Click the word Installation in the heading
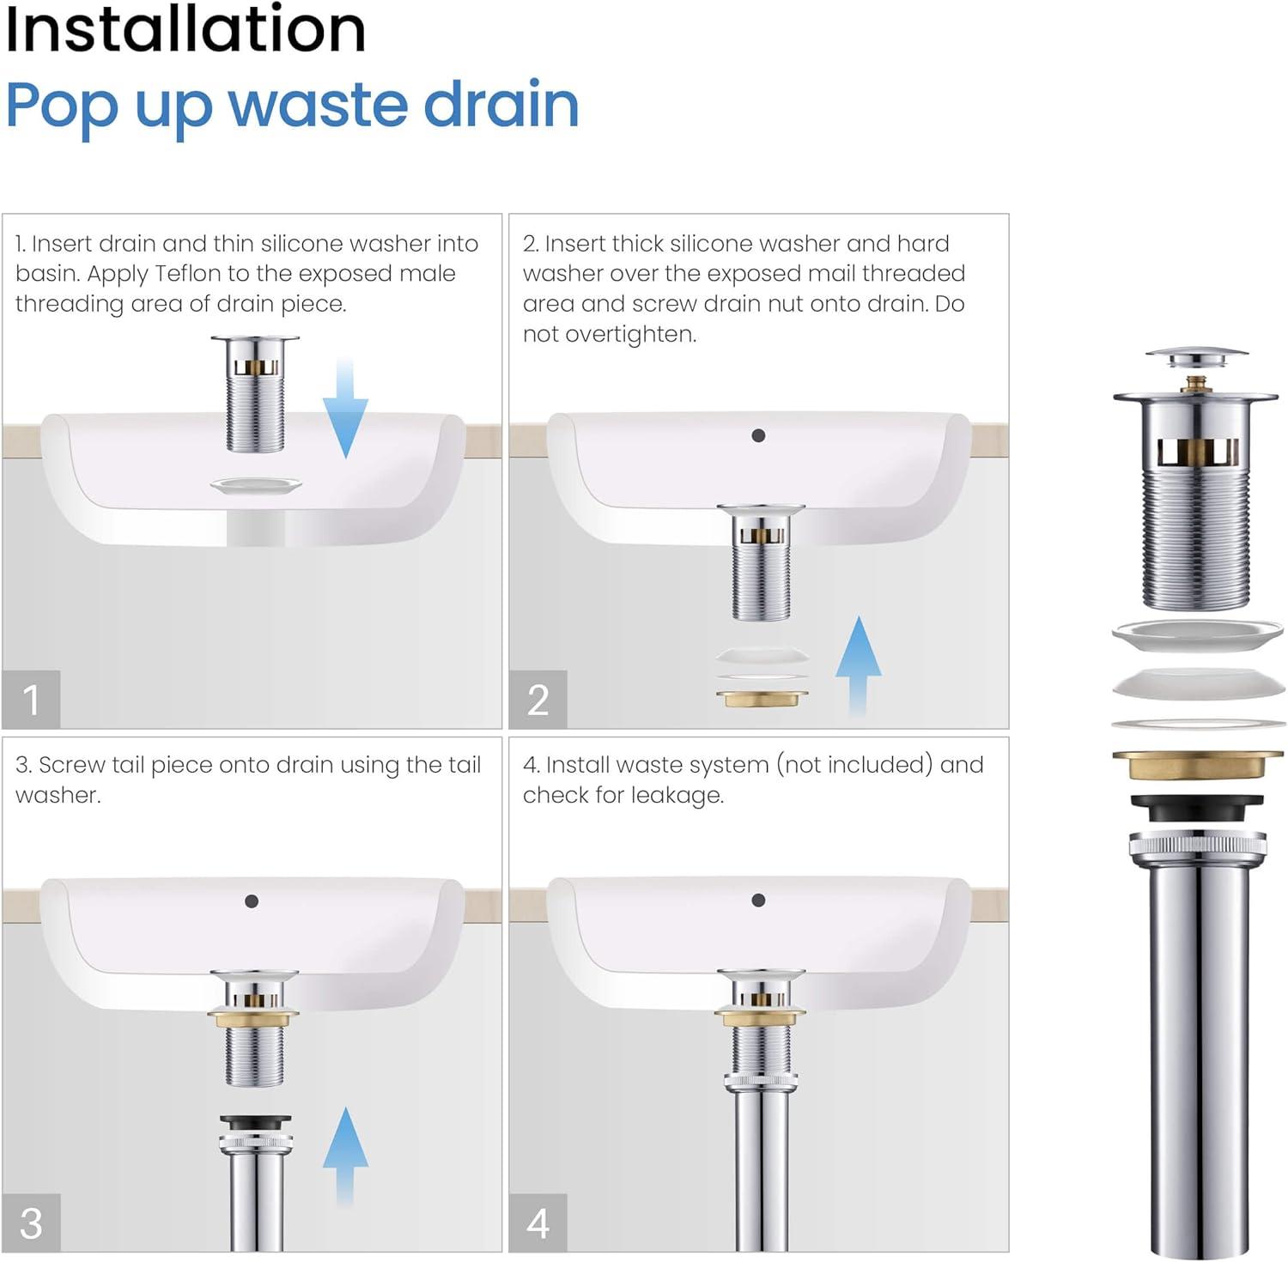[185, 31]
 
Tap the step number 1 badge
[31, 700]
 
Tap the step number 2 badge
[538, 700]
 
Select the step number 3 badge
[31, 1223]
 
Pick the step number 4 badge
[538, 1223]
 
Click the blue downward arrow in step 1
[345, 409]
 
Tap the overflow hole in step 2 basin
[758, 435]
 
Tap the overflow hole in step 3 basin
[252, 901]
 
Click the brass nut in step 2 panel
[762, 699]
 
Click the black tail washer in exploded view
[1197, 807]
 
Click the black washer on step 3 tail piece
[255, 1123]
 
